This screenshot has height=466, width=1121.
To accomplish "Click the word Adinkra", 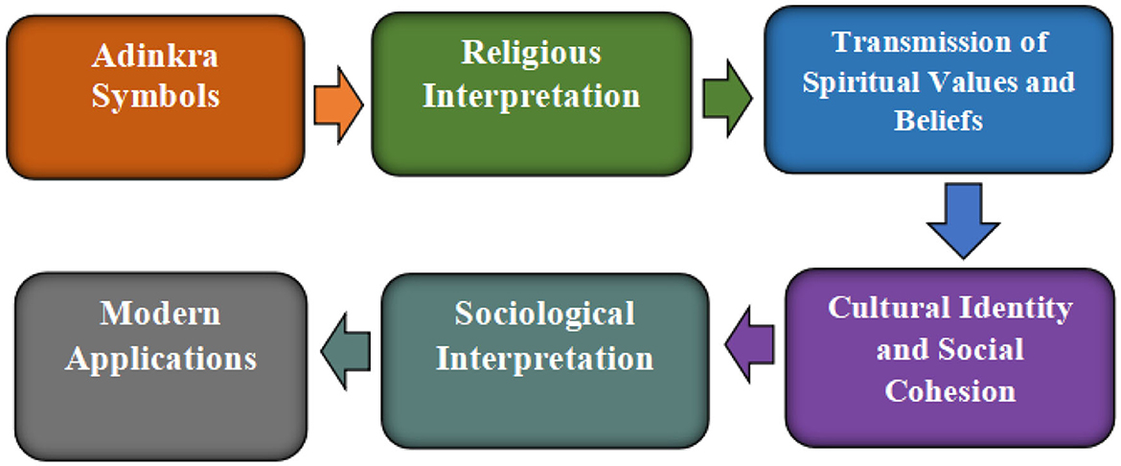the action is [x=155, y=56].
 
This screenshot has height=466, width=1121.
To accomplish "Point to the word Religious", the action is [x=531, y=54].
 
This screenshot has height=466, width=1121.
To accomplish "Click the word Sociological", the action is [x=544, y=315].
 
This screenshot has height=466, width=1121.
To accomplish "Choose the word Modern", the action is [x=161, y=314].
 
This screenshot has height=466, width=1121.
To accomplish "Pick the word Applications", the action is [x=162, y=359].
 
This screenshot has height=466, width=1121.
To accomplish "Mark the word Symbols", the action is [x=155, y=96].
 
